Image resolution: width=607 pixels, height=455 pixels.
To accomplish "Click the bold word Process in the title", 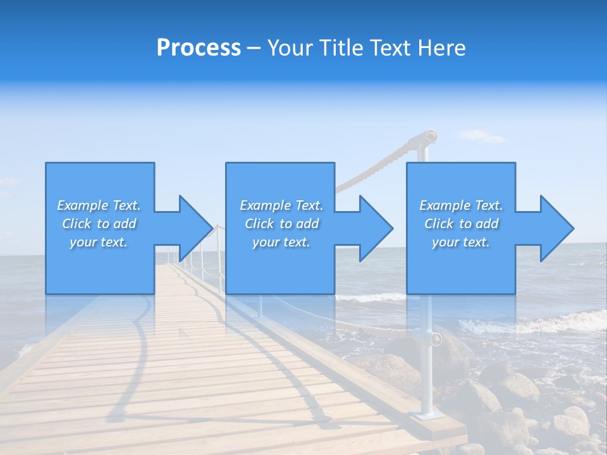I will point(199,48).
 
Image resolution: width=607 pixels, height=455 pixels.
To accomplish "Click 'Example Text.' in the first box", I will point(99,205).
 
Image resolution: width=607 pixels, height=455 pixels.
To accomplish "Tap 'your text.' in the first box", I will point(99,242).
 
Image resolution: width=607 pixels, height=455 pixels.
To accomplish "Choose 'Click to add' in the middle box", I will point(281,224).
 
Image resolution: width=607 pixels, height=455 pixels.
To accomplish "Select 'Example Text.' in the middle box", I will point(281,205).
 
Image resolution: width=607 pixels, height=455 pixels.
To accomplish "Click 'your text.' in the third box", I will point(460,242).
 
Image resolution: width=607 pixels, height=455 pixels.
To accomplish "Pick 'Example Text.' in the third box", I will point(460,205).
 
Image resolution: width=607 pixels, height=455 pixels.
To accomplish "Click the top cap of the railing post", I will point(430,135).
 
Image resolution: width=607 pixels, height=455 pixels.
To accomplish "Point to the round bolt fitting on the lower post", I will point(435,339).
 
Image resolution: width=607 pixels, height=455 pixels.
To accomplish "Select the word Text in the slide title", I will point(389,48).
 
